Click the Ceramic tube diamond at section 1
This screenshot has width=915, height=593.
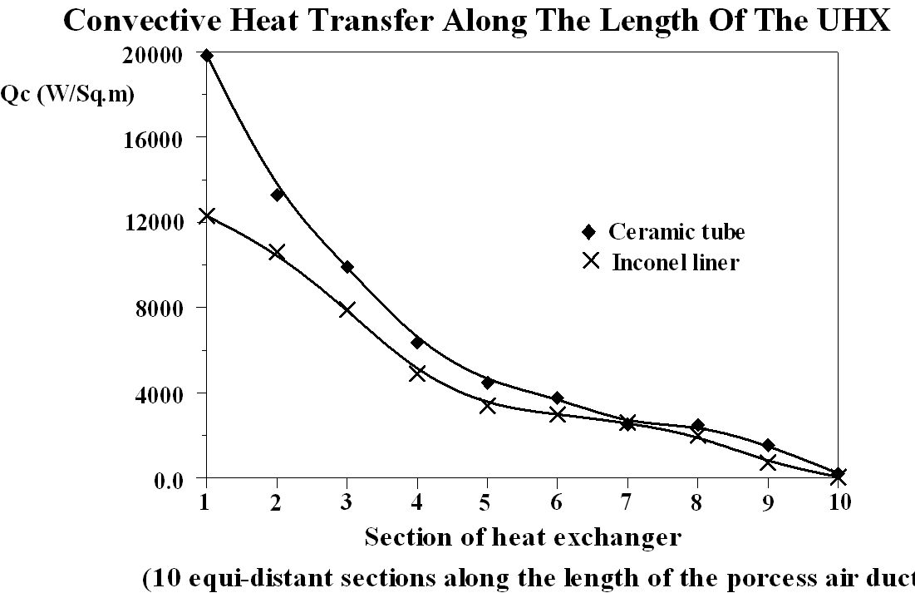pos(206,56)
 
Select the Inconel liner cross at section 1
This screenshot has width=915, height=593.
pos(206,216)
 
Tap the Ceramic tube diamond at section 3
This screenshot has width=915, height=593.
pos(347,267)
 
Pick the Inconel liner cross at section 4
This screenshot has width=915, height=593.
pos(417,373)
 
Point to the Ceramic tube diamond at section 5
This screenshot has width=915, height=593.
pos(488,383)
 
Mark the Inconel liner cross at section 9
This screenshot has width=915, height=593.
pos(768,462)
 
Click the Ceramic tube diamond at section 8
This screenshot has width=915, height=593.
pos(698,426)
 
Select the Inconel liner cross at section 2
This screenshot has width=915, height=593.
pos(277,252)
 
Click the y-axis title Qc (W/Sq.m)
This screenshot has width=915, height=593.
pos(68,94)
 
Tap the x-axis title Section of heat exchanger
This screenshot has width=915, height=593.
pos(523,537)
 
